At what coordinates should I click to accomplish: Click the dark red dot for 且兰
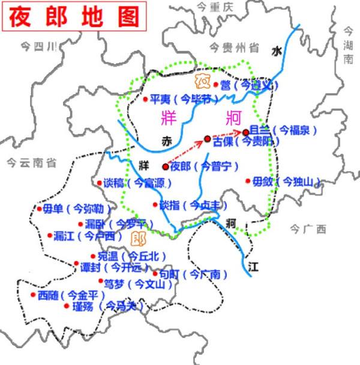pyautogui.click(x=245, y=132)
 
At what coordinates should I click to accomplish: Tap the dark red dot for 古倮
pyautogui.click(x=208, y=139)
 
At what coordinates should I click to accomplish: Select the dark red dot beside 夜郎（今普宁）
pyautogui.click(x=166, y=167)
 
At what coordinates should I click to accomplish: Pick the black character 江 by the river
pyautogui.click(x=253, y=265)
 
